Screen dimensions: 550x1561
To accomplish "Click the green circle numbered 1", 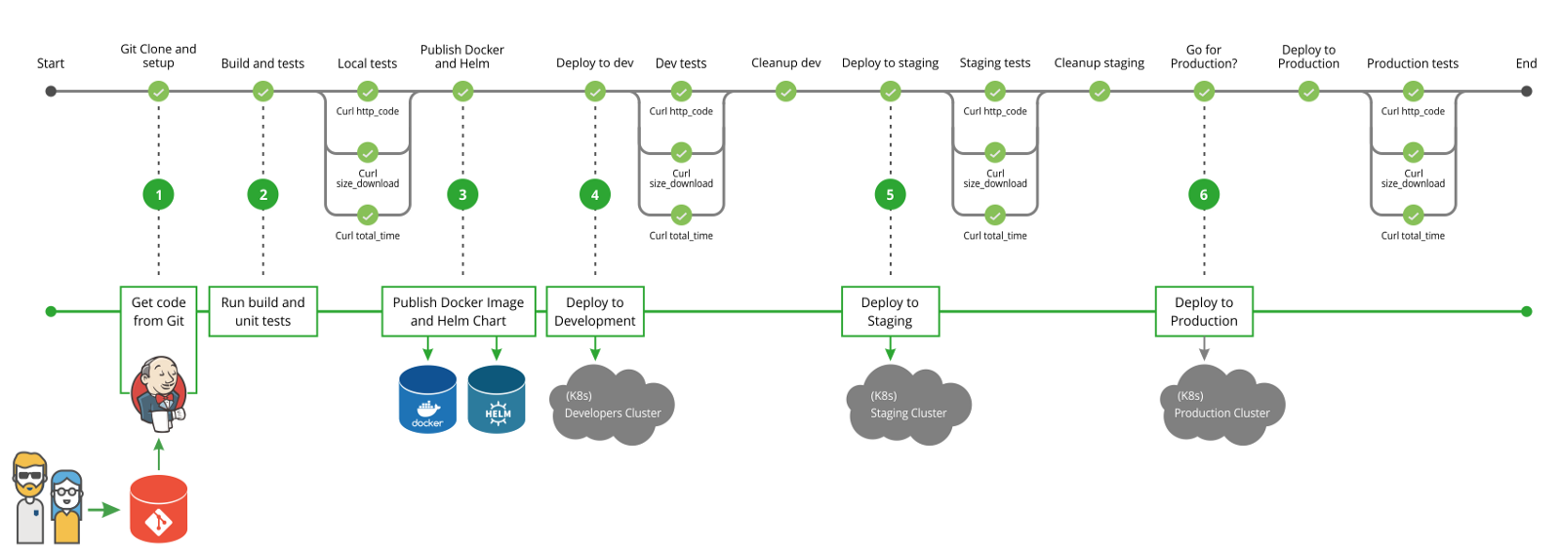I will coord(159,195).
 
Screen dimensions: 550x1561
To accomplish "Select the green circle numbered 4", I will coord(595,195).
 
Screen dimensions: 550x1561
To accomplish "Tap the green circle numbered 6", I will coord(1204,195).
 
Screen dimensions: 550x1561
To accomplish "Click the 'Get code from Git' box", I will coord(158,312).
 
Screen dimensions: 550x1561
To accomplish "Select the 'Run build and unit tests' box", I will coord(262,312).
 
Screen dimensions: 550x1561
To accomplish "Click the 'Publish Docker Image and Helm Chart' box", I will coord(459,312).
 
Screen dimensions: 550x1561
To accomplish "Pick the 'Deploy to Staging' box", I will coord(890,312).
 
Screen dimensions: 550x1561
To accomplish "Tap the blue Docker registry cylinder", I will coord(427,399).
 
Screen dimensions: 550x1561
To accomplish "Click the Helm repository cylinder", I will coord(497,399).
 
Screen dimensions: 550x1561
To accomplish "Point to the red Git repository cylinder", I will coord(158,509).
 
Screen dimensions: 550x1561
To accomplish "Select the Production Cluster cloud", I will coord(1221,406).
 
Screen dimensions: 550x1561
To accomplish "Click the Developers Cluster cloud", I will coord(612,406).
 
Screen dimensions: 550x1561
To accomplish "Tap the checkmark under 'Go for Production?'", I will coord(1204,92).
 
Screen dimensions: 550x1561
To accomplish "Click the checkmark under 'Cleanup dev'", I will coord(785,92).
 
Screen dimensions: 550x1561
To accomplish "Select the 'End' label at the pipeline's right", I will coord(1526,63).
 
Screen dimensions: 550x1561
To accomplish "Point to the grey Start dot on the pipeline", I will coord(51,92).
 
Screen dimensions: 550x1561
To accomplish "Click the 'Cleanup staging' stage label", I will coord(1099,63).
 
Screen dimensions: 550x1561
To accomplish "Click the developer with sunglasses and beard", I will coord(30,497).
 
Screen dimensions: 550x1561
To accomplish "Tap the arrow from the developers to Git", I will coord(102,509).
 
